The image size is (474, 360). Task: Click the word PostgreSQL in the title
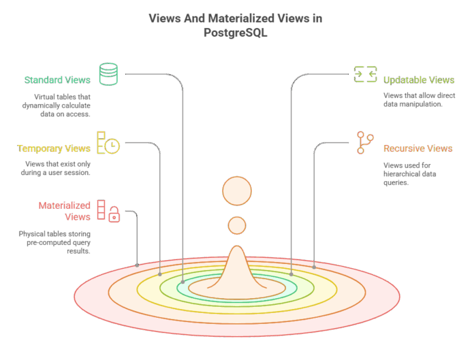[x=236, y=32]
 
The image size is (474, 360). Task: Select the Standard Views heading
[x=57, y=80]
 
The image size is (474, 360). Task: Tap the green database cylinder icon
[x=108, y=74]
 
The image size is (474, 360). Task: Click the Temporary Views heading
[x=54, y=148]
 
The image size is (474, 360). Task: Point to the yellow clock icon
[x=112, y=146]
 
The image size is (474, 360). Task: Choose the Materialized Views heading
[x=65, y=211]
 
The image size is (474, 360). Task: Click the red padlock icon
[x=114, y=214]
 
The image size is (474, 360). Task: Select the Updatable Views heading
[x=419, y=80]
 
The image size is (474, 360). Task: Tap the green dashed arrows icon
[x=366, y=74]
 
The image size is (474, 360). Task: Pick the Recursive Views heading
[x=417, y=148]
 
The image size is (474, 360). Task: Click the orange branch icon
[x=365, y=142]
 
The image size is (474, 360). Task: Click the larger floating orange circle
[x=237, y=191]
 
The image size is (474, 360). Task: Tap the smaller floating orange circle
[x=237, y=225]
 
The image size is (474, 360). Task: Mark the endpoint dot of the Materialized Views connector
[x=137, y=265]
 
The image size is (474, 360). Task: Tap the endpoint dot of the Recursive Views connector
[x=314, y=267]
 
